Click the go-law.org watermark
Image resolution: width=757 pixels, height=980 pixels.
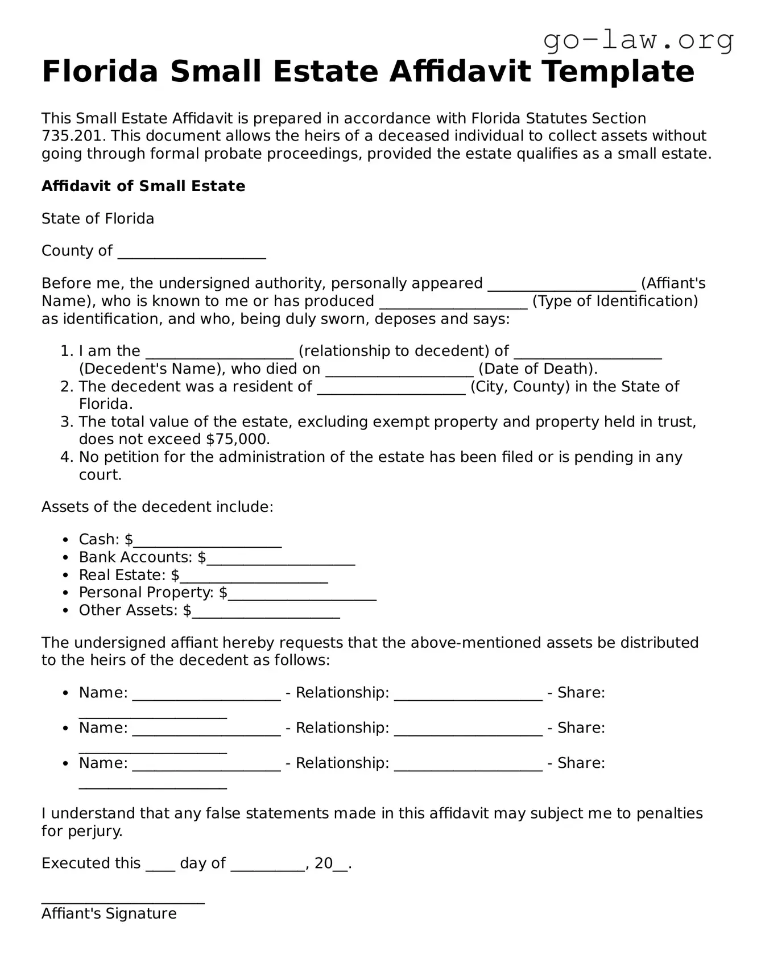tap(638, 40)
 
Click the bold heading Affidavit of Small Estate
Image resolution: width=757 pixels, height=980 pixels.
tap(143, 187)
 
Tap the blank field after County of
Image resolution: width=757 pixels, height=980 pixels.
tap(192, 251)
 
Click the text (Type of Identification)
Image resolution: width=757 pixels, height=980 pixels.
tap(615, 301)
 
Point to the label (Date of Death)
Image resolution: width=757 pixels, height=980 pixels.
tap(537, 369)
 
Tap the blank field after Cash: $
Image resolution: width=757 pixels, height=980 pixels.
tap(208, 540)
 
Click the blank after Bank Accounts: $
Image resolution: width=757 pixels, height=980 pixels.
tap(281, 558)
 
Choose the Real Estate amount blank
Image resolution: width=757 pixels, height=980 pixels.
tap(254, 576)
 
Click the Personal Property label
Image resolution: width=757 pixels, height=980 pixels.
tap(146, 593)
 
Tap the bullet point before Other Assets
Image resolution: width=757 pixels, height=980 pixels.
tap(67, 611)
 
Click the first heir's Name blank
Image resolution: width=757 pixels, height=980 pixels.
tap(206, 694)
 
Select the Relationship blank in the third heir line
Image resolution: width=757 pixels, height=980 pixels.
tap(468, 764)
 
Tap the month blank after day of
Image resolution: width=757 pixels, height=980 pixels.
tap(267, 865)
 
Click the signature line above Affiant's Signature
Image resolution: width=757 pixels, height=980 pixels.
tap(123, 899)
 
